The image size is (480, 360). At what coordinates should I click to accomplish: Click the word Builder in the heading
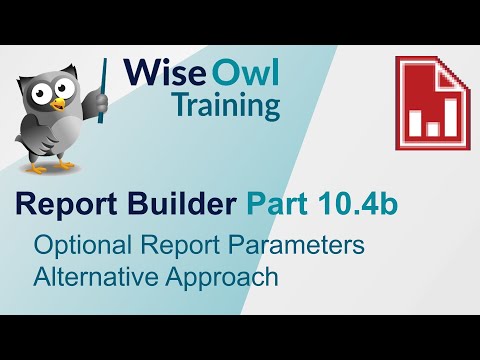click(x=185, y=205)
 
